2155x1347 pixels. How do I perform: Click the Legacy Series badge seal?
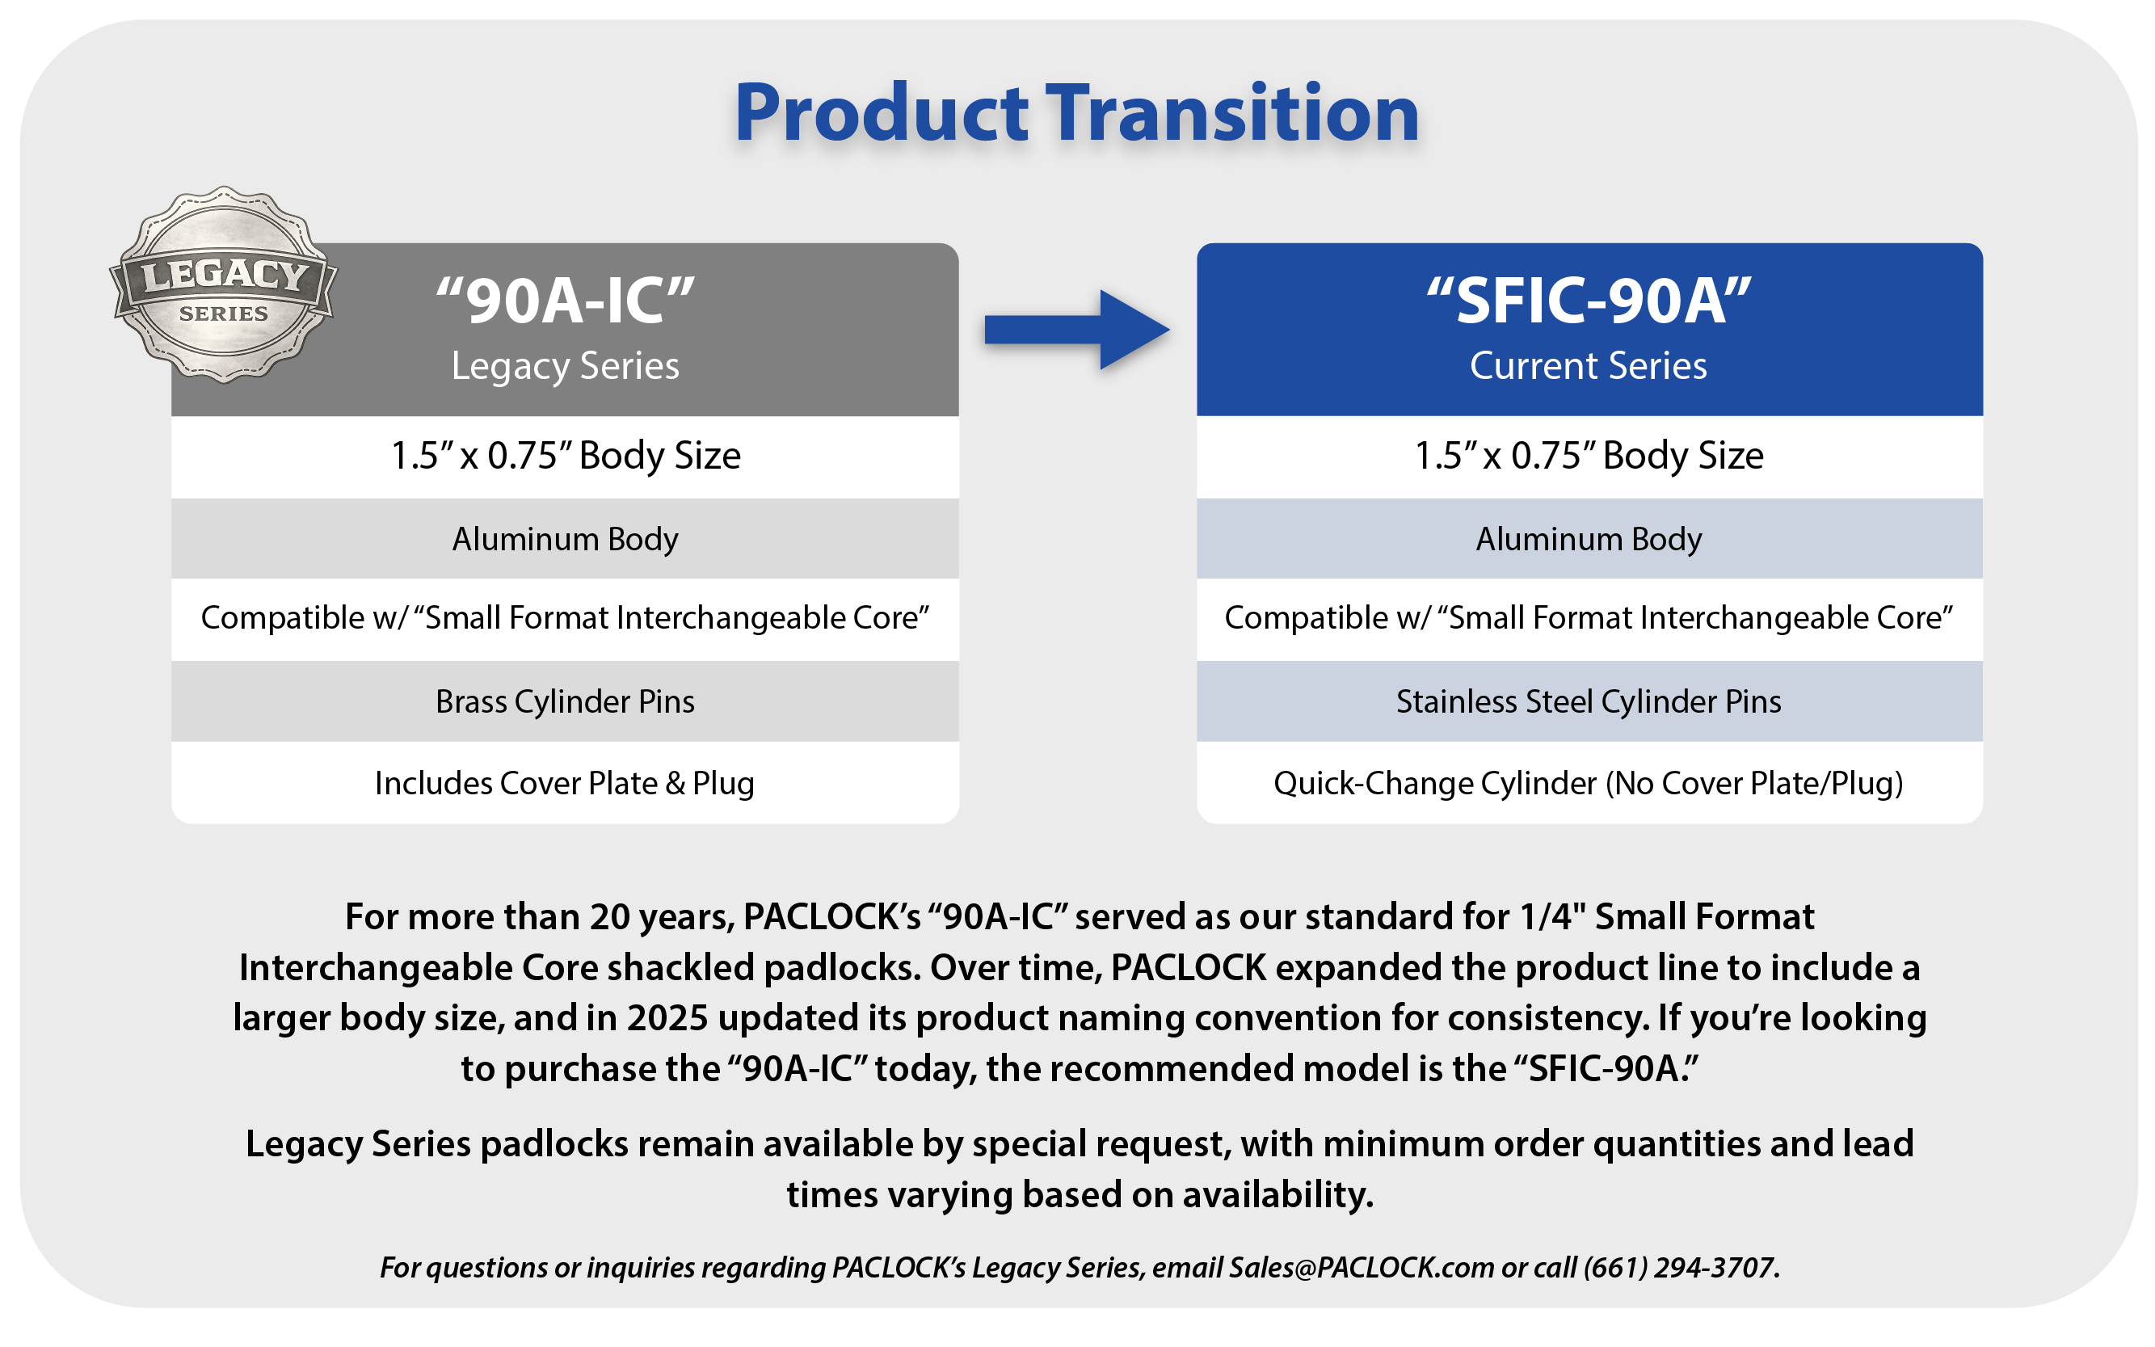[223, 285]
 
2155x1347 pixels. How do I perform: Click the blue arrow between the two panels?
[1076, 330]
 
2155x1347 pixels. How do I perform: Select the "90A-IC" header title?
[565, 301]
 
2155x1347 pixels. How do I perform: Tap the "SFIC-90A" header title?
[1589, 301]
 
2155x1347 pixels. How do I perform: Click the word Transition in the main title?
[1232, 113]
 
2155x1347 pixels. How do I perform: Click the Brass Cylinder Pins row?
[565, 701]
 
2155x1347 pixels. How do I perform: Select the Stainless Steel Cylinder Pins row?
[1589, 701]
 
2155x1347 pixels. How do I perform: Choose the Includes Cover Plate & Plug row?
[565, 783]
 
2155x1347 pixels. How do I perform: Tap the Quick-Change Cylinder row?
[1589, 783]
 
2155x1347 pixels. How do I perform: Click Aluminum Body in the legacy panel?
[565, 539]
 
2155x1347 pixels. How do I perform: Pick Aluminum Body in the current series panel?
[1589, 539]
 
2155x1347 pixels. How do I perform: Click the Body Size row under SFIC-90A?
[1589, 456]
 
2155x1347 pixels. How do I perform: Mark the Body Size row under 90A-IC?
[565, 456]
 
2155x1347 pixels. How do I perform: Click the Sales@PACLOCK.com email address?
[1362, 1267]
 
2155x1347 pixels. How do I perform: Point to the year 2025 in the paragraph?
[667, 1017]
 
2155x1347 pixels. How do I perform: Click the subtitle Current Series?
[1589, 365]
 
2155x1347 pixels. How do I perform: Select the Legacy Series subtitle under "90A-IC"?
[565, 366]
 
